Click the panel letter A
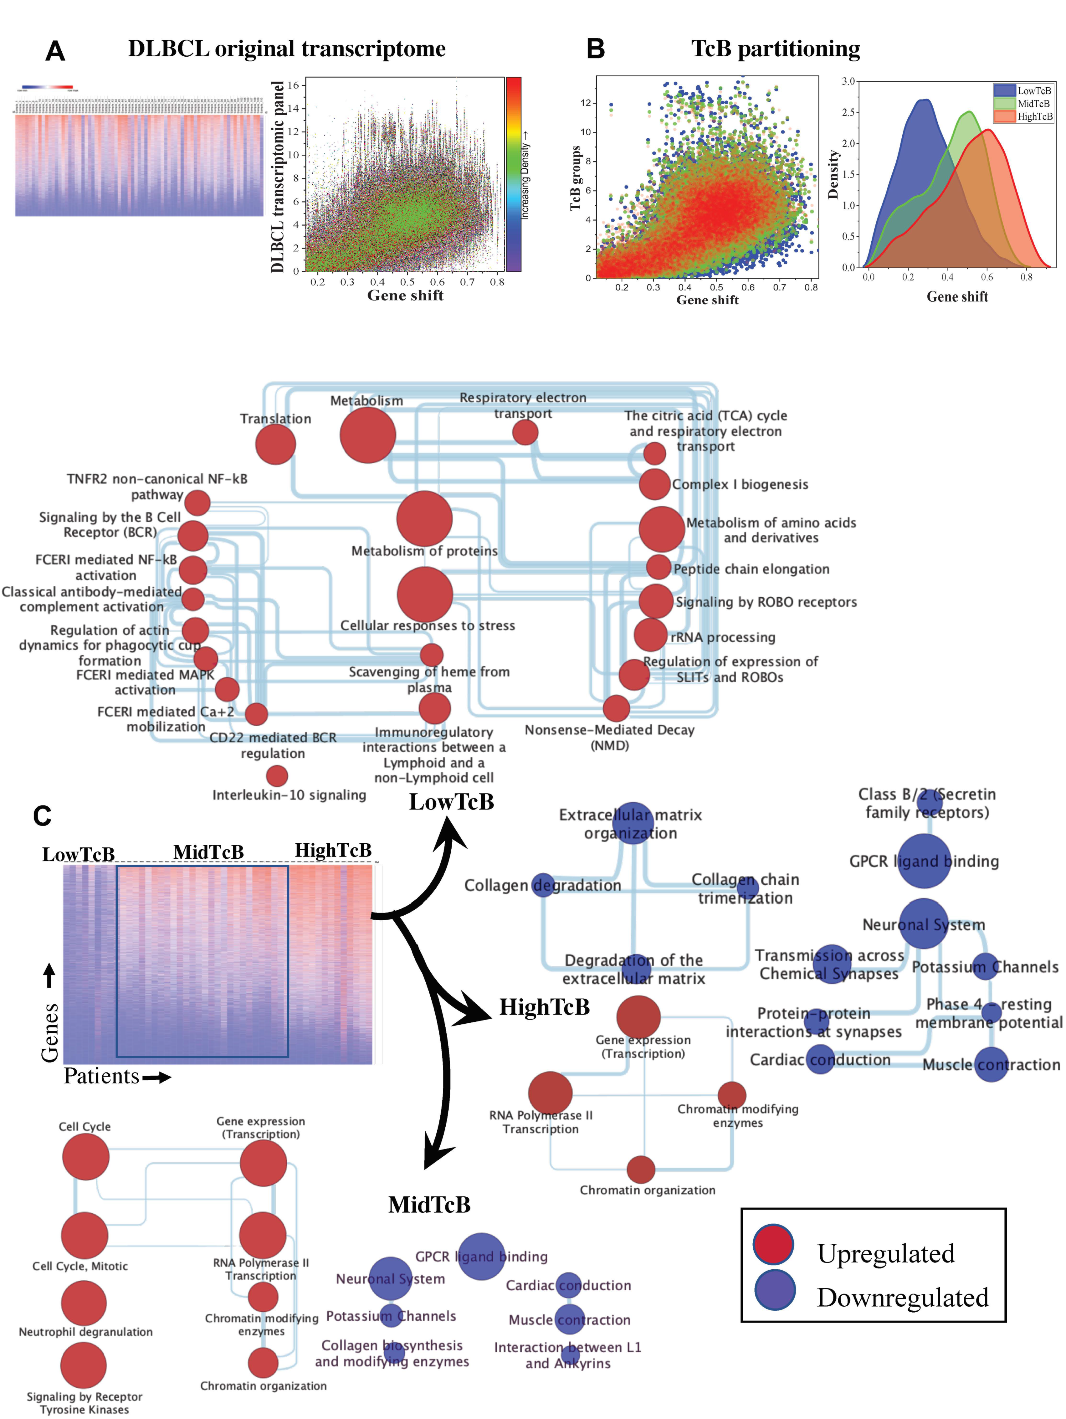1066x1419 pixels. click(x=55, y=51)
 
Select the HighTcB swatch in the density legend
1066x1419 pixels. click(x=1004, y=116)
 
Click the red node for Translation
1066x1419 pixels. click(x=275, y=444)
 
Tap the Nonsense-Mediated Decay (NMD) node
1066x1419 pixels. click(x=616, y=708)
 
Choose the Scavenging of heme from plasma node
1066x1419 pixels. click(x=432, y=655)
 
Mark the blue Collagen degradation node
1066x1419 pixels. click(x=543, y=885)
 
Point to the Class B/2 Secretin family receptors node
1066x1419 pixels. click(x=929, y=802)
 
